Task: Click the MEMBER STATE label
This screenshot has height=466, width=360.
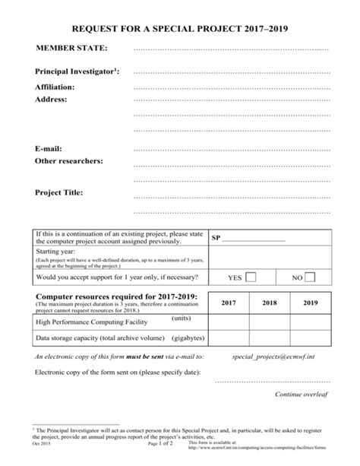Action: click(72, 49)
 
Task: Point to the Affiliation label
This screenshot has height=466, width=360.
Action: click(57, 87)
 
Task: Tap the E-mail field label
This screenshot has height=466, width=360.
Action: click(49, 148)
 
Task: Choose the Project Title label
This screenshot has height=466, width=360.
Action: click(59, 192)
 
